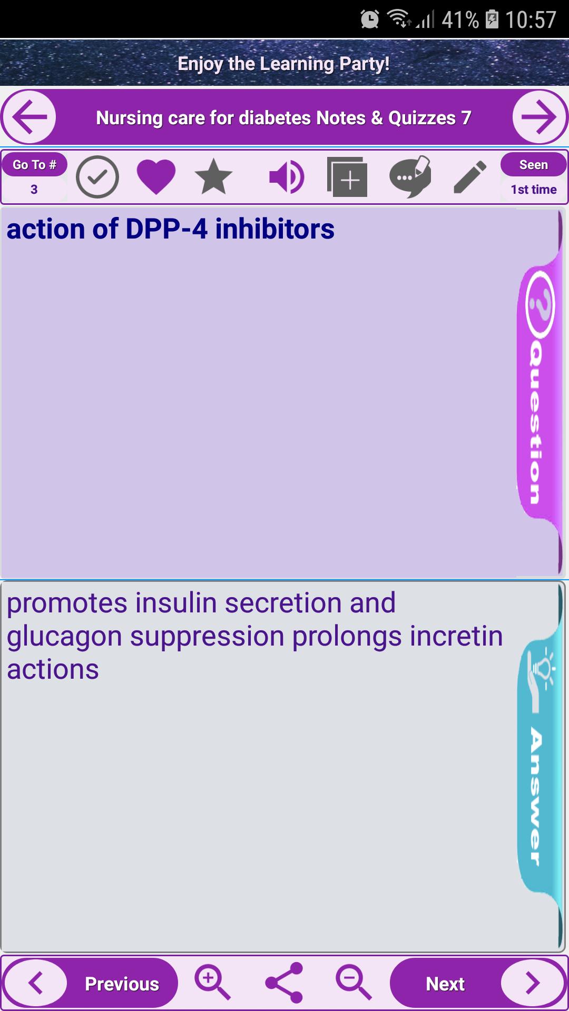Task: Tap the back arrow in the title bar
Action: [x=30, y=117]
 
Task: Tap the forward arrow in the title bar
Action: [x=539, y=117]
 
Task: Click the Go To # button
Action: [x=34, y=165]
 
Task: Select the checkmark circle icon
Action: [x=97, y=177]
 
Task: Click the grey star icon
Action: [x=213, y=177]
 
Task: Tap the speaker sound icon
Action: [x=287, y=177]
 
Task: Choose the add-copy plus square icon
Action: [x=347, y=177]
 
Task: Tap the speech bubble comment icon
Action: [x=410, y=177]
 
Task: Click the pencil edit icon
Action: [x=470, y=177]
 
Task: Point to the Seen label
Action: [x=534, y=165]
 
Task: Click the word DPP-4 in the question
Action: [x=166, y=229]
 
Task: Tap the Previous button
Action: [x=91, y=983]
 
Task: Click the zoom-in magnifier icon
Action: [x=212, y=983]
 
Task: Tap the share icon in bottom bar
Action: [x=284, y=983]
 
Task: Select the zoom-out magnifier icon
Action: [x=354, y=983]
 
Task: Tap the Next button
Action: [x=477, y=983]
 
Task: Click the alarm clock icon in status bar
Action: [x=370, y=19]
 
